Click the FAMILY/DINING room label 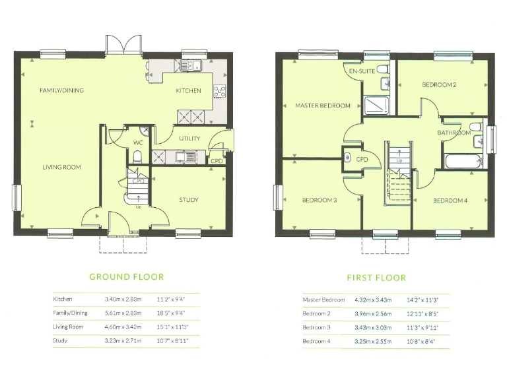61,90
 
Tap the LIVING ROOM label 61,168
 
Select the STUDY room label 188,200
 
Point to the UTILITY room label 189,139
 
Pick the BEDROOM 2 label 440,85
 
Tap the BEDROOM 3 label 320,200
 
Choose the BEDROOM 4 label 450,200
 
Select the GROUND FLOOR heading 126,277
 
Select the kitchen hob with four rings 219,91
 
